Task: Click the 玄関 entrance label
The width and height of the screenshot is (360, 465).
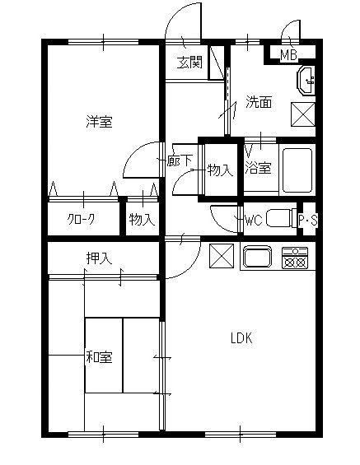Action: click(x=189, y=63)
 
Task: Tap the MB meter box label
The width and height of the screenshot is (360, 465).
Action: click(x=289, y=55)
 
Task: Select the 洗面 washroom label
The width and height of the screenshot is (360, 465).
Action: click(x=259, y=102)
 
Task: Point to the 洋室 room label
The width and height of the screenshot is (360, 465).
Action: click(x=99, y=122)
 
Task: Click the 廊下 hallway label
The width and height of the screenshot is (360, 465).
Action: click(x=180, y=160)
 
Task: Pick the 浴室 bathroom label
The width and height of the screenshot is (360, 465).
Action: click(x=258, y=168)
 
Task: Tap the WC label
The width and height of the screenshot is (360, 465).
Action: click(x=254, y=221)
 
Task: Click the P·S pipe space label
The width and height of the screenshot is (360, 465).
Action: click(x=308, y=221)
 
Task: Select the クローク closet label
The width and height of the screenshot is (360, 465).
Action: click(x=81, y=220)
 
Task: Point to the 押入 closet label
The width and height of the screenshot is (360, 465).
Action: click(x=99, y=258)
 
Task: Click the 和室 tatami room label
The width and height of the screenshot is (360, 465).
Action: click(x=99, y=357)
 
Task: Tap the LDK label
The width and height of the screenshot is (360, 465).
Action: click(x=241, y=338)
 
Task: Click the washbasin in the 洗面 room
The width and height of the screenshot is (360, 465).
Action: click(x=306, y=81)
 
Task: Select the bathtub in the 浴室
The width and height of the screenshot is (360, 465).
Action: click(x=297, y=170)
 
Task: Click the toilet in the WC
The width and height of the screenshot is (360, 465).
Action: click(x=282, y=218)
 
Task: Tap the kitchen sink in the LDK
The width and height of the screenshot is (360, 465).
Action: click(x=258, y=257)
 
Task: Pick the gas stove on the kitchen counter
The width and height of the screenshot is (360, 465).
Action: click(x=295, y=258)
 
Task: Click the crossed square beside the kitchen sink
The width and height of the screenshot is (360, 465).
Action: click(x=222, y=256)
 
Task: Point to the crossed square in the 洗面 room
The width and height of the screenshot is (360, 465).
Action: click(x=303, y=114)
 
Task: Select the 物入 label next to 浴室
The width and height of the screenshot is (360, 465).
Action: click(x=220, y=170)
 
